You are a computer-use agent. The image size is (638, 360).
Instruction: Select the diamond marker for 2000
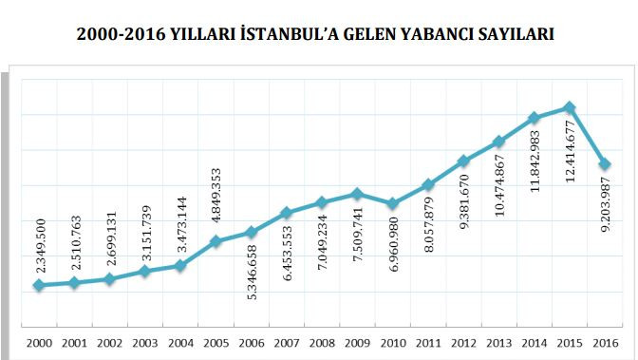click(x=38, y=285)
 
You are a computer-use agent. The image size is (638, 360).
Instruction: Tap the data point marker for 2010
click(x=392, y=203)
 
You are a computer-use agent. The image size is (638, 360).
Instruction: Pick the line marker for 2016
click(x=605, y=165)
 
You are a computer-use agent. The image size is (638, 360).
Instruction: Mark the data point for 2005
click(x=216, y=241)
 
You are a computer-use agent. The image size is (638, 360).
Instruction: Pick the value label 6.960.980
click(x=392, y=251)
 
